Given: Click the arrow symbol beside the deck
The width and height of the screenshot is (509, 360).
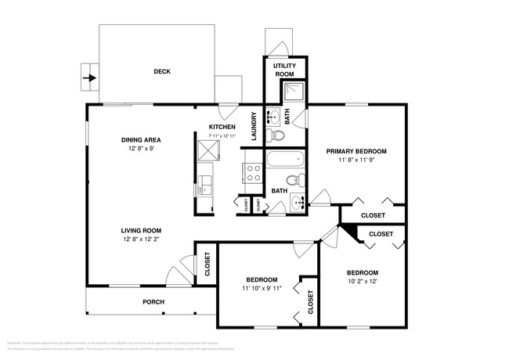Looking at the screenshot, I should (x=91, y=78).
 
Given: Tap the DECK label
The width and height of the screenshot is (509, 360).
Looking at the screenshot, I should (x=162, y=72).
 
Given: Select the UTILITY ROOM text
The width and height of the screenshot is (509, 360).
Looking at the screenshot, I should (x=283, y=69).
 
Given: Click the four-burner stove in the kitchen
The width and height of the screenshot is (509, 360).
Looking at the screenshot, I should (x=254, y=172).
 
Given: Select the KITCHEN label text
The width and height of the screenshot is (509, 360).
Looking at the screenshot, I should (x=222, y=127).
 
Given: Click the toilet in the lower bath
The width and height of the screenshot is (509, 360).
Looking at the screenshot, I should (x=292, y=181).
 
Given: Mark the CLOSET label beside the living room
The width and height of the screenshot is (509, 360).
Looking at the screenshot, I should (x=208, y=265).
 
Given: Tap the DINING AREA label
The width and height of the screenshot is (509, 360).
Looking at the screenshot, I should (x=141, y=139).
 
